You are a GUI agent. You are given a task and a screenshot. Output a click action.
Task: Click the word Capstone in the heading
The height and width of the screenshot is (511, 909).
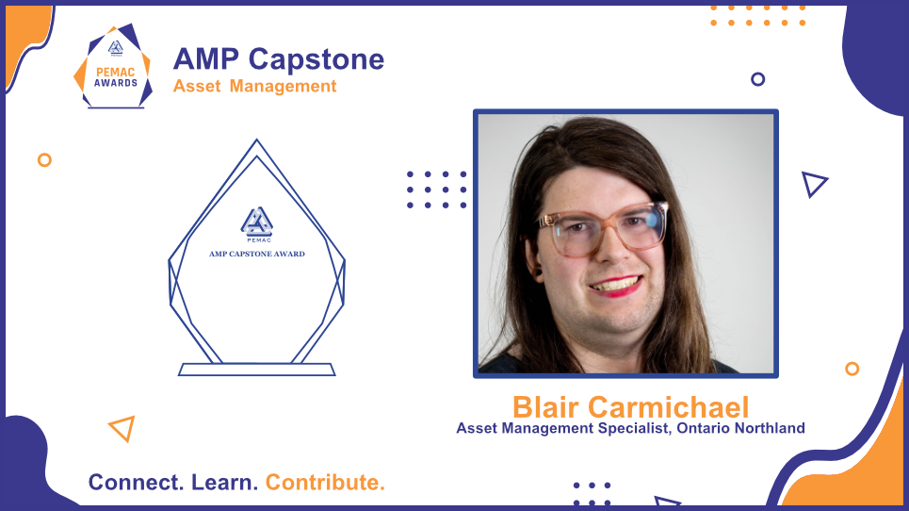coord(316,59)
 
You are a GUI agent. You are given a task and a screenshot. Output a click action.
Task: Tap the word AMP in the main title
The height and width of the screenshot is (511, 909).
coord(206,59)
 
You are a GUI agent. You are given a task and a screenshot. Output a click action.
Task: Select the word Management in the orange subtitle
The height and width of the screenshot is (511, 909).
coord(283,87)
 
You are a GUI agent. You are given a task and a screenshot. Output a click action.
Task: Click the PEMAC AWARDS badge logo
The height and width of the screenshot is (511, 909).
coord(114,66)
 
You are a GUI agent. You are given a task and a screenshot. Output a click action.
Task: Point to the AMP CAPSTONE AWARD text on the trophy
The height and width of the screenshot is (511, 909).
coord(257,254)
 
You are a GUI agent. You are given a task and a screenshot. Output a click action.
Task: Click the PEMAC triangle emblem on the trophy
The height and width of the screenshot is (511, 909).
coord(257,223)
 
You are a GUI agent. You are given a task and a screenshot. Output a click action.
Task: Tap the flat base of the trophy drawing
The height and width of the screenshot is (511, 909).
coord(257,370)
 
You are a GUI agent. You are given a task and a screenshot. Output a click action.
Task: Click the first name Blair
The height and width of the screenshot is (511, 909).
coord(545,407)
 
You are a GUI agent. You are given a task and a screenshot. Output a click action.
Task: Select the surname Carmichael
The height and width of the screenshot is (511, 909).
coord(669,407)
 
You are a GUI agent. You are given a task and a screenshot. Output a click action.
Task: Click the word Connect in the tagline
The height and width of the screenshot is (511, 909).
coord(136,483)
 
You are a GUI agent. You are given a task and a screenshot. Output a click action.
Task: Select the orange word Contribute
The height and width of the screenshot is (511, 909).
coord(325,483)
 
